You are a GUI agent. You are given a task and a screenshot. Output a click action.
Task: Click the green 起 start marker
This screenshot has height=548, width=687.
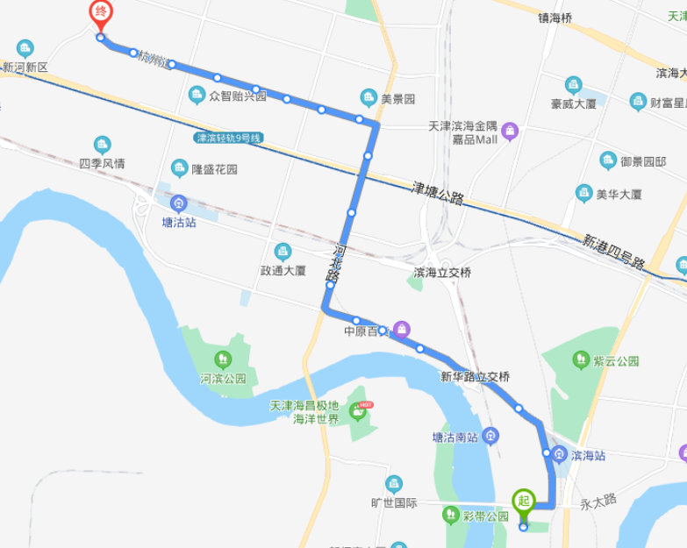(523, 502)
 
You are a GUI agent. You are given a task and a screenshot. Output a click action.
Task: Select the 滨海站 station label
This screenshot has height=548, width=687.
(587, 455)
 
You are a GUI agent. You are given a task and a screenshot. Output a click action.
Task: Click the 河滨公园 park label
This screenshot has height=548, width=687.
(223, 379)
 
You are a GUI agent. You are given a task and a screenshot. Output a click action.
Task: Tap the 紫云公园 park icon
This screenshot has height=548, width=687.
(579, 359)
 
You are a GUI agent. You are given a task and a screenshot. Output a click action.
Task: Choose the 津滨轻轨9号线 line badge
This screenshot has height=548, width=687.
(228, 139)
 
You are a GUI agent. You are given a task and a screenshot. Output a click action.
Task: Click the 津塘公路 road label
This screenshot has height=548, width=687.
(438, 195)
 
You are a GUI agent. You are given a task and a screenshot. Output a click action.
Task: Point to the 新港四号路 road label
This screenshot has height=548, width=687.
(614, 251)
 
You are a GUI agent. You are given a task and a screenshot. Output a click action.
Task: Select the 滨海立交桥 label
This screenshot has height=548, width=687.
(442, 273)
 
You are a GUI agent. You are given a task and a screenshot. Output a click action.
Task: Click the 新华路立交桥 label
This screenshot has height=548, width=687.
(475, 376)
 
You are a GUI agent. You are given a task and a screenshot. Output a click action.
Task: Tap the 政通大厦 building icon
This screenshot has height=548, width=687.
(283, 252)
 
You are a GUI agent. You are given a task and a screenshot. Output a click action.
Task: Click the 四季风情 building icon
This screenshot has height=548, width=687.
(103, 145)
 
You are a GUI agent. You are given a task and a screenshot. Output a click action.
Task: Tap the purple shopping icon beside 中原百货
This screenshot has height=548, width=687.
(401, 330)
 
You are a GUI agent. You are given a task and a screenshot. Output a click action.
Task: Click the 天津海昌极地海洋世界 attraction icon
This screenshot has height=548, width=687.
(358, 409)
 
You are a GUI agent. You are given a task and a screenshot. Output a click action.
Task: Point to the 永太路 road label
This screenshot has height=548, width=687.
(598, 502)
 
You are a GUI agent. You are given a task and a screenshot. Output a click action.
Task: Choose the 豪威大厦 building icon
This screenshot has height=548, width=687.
(574, 84)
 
